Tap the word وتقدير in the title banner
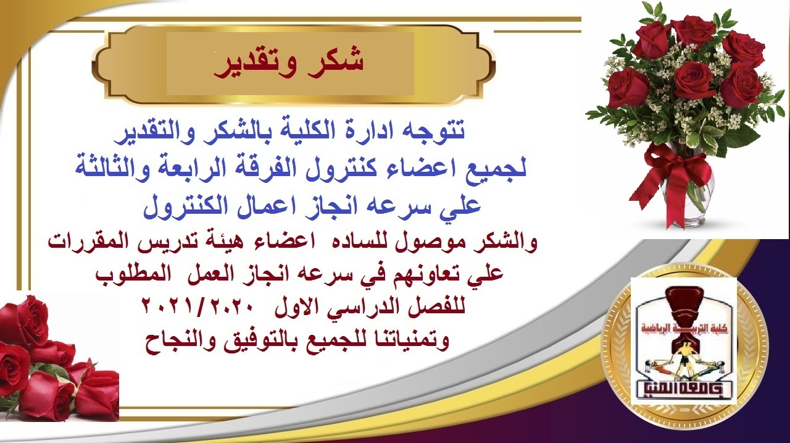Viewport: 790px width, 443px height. [x=254, y=65]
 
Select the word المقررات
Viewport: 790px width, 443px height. [x=93, y=242]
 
